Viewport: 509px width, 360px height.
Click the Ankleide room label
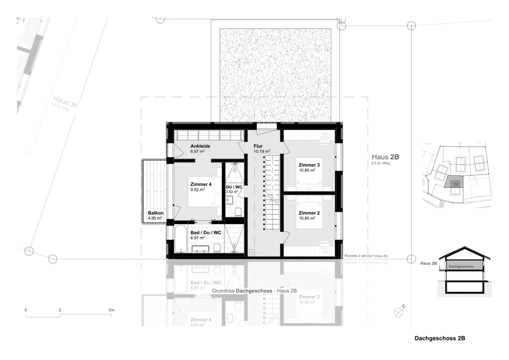[200, 146]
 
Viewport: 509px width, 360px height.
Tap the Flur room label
[258, 146]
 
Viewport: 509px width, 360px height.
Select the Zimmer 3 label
[309, 165]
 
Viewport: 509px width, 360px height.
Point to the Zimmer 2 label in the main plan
[309, 213]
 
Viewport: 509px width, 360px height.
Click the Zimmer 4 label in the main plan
[201, 184]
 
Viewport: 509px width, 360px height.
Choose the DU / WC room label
[234, 187]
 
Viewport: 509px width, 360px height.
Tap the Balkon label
[156, 213]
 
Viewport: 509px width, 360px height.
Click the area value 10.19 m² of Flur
[262, 152]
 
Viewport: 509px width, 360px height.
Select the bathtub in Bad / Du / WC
[180, 239]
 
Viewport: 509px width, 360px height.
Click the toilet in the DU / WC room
[238, 212]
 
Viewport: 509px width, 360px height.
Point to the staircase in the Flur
[272, 193]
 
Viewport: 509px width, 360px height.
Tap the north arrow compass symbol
[399, 312]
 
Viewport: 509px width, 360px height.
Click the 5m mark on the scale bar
[111, 310]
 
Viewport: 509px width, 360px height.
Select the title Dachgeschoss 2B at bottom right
[440, 338]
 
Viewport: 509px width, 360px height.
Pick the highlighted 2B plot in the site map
[455, 184]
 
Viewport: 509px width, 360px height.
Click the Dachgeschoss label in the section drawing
[461, 266]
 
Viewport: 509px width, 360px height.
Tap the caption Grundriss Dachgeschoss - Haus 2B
[254, 291]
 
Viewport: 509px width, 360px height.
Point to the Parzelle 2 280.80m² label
[366, 256]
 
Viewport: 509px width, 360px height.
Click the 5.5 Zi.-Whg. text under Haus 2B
[381, 163]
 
